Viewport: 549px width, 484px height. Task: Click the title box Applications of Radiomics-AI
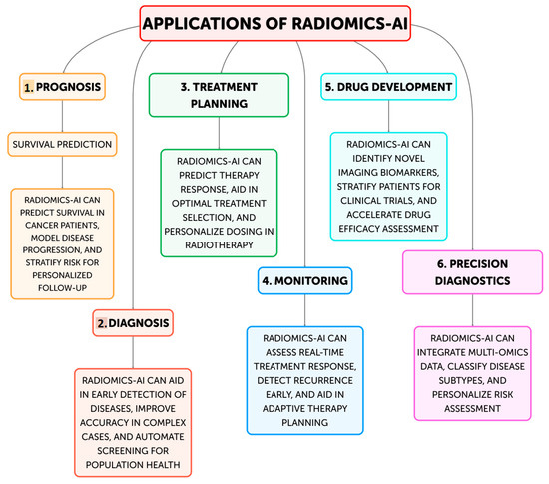point(275,23)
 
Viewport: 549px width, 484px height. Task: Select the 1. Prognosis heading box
point(63,88)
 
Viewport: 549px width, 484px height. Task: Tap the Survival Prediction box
point(63,144)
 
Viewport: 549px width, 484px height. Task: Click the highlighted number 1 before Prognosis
point(29,88)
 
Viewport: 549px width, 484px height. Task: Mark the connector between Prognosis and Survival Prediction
point(63,117)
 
